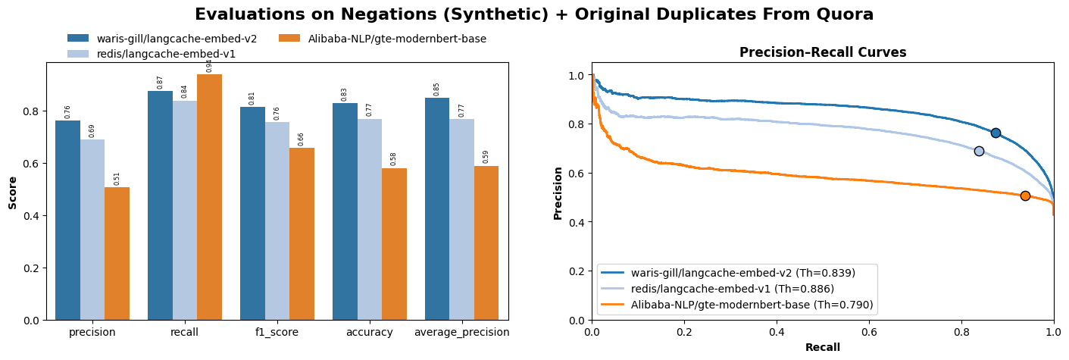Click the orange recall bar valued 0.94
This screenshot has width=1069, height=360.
click(x=209, y=197)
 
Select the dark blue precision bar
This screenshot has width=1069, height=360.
click(x=67, y=220)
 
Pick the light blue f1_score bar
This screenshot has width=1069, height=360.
click(x=277, y=221)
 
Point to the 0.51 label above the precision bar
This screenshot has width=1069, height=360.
click(x=117, y=178)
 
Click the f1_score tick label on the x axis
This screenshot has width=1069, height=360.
click(x=277, y=332)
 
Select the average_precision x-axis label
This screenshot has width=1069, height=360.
click(x=462, y=332)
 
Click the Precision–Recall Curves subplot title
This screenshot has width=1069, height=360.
click(x=823, y=52)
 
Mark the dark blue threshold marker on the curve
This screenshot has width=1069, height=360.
click(x=996, y=133)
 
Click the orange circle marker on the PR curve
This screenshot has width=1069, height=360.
click(x=1025, y=196)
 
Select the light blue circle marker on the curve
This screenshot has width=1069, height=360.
click(x=979, y=151)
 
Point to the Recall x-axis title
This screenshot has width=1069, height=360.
click(x=823, y=347)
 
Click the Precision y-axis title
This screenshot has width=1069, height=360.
click(x=558, y=193)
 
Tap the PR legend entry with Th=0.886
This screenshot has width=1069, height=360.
click(x=732, y=289)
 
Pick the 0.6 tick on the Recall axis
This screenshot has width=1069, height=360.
click(x=869, y=331)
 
